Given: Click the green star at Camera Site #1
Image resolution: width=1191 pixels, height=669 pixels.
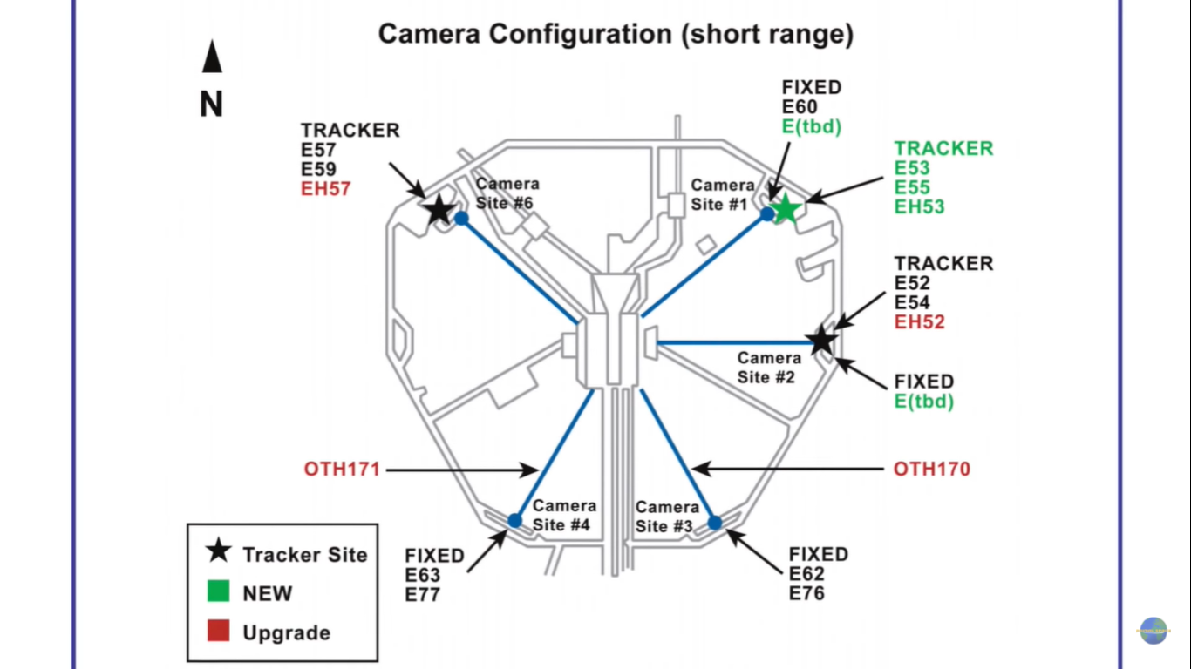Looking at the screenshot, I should click(786, 208).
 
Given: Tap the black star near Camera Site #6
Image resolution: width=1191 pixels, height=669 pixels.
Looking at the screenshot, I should click(439, 209).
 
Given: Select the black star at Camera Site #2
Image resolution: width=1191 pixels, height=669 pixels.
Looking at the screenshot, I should click(821, 341).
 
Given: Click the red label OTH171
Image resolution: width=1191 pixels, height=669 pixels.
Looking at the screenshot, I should click(342, 470).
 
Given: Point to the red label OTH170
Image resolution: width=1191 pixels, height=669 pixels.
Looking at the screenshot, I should click(931, 470).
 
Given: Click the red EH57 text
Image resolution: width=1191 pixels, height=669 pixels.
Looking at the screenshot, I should click(325, 188).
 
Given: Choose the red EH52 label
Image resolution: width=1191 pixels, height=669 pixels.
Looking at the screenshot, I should click(920, 321).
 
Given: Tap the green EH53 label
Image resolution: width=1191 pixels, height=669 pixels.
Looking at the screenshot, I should click(920, 206).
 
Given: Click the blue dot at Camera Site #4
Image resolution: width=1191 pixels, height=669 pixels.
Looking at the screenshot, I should click(514, 521).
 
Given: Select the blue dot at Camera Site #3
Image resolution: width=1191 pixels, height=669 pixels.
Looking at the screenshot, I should click(715, 523).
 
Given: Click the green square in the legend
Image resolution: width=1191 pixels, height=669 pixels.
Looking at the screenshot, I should click(219, 592).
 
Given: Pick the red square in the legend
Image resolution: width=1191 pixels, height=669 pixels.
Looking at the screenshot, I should click(219, 632).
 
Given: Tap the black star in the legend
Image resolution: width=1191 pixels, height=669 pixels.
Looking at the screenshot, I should click(219, 551).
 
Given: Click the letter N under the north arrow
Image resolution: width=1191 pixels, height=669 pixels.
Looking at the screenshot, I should click(211, 105).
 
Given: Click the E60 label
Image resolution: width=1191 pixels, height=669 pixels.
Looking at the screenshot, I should click(799, 107).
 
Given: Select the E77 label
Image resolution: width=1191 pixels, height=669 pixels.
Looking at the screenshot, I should click(422, 595).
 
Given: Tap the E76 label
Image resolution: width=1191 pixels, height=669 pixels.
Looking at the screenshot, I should click(806, 593).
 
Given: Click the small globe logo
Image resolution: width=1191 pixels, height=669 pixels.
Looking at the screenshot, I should click(1153, 630).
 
